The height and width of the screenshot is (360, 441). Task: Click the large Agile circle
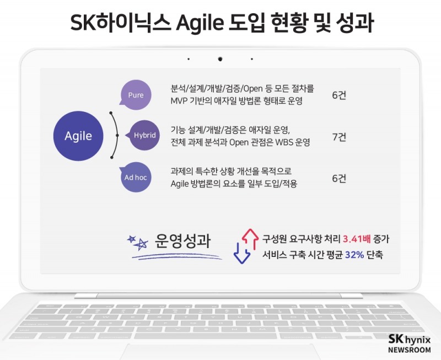pyautogui.click(x=78, y=136)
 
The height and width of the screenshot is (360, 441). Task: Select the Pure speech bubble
pyautogui.click(x=135, y=95)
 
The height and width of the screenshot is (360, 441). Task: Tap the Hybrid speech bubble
pyautogui.click(x=144, y=136)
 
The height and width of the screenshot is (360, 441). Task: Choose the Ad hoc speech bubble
pyautogui.click(x=136, y=178)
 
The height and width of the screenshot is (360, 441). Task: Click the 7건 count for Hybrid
pyautogui.click(x=339, y=137)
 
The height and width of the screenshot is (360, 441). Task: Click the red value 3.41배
pyautogui.click(x=357, y=239)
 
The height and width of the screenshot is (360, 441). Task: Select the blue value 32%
pyautogui.click(x=354, y=255)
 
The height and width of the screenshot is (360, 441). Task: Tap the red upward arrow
pyautogui.click(x=250, y=238)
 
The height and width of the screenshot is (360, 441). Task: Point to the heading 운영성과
pyautogui.click(x=183, y=241)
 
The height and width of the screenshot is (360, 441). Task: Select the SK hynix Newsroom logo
pyautogui.click(x=409, y=344)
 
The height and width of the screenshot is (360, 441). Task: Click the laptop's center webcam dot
pyautogui.click(x=220, y=58)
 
